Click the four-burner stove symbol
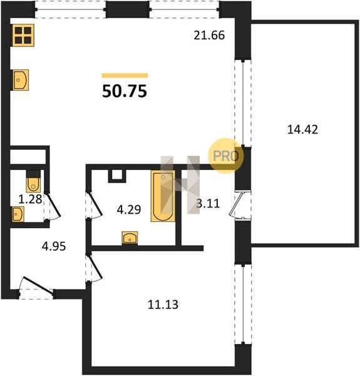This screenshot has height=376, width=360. tap(23, 35)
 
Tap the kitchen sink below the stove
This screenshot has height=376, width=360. tap(21, 80)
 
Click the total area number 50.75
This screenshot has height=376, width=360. tap(125, 91)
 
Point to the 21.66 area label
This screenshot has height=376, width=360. tap(209, 35)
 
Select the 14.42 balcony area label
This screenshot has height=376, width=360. tap(302, 130)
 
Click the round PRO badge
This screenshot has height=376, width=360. tap(225, 156)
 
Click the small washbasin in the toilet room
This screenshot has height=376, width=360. tap(18, 214)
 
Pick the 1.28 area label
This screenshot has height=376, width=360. tap(30, 199)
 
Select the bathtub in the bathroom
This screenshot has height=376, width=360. tap(163, 196)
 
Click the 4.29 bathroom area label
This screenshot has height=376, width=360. tap(129, 209)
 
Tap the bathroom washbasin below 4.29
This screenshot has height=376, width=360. tap(130, 238)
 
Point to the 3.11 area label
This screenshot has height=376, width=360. tap(208, 204)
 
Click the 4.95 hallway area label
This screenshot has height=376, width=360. tap(54, 246)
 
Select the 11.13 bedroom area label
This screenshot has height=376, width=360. tap(163, 305)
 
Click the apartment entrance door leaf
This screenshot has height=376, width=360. tap(38, 285)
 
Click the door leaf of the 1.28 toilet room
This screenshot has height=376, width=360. tap(53, 204)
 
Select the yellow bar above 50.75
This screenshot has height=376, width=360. tap(125, 76)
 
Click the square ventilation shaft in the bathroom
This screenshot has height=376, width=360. tap(117, 176)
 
